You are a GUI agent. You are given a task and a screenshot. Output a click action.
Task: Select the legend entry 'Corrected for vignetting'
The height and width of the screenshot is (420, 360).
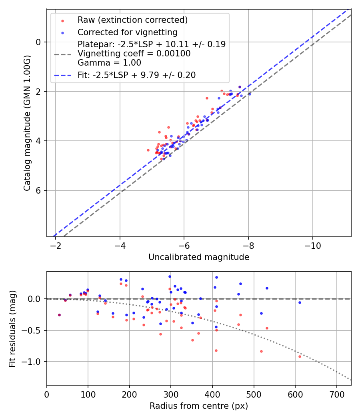point(127,32)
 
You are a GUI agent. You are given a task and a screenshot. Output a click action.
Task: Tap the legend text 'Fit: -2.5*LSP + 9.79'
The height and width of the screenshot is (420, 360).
point(136,75)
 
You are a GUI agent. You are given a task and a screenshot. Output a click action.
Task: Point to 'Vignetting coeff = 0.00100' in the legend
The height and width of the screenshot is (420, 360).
point(134,54)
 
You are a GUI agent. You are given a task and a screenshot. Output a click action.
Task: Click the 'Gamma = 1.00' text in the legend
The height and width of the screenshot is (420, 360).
point(109,63)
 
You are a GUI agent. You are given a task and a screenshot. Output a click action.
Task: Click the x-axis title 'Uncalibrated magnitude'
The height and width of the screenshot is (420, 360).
point(199,257)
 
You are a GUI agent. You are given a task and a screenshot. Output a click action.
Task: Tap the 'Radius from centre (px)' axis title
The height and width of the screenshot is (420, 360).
point(199,406)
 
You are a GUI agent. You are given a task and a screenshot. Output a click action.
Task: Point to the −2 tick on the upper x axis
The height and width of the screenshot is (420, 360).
point(56,245)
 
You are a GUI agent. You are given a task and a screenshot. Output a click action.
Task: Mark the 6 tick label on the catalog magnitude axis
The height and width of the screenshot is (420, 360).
point(39,190)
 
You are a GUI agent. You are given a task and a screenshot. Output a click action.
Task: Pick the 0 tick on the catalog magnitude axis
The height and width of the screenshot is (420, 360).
point(39,42)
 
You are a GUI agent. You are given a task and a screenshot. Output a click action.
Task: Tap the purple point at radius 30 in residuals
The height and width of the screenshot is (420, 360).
point(59,315)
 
